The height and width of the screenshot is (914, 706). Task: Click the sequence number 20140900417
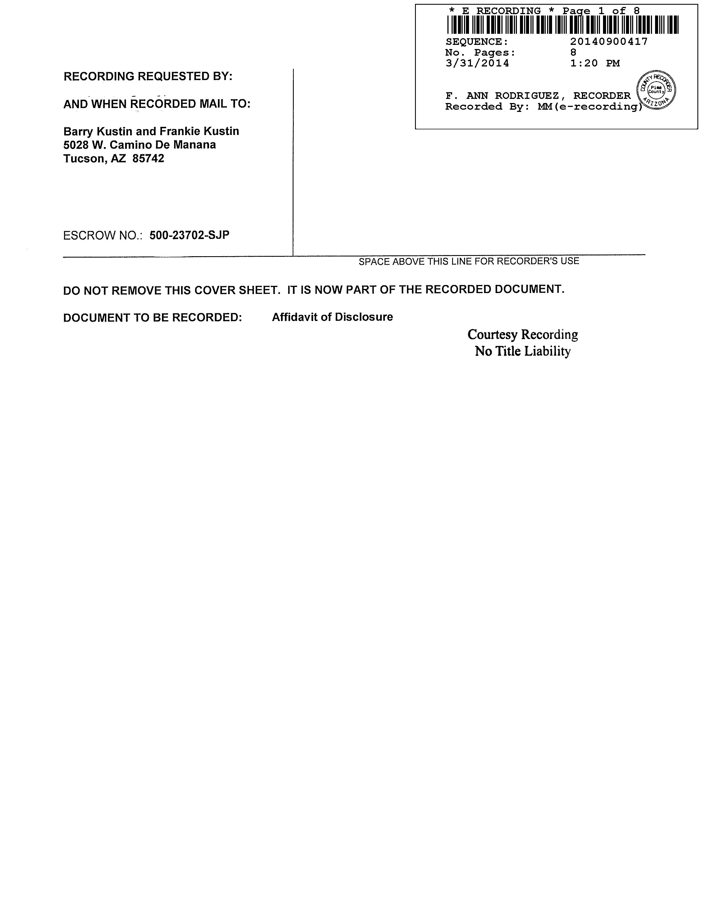(x=609, y=42)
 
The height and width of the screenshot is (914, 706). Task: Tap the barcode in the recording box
(x=563, y=25)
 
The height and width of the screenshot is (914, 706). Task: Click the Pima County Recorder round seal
(x=656, y=89)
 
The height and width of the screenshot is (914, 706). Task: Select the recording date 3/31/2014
(x=477, y=63)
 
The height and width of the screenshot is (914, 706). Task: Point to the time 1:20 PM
(x=595, y=63)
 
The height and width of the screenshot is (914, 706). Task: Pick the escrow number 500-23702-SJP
(x=189, y=235)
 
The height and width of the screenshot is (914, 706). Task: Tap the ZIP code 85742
(x=148, y=159)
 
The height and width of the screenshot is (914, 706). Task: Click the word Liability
(x=547, y=351)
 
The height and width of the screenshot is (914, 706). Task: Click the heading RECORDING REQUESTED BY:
(x=148, y=77)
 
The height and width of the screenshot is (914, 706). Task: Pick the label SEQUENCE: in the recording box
(x=477, y=42)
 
